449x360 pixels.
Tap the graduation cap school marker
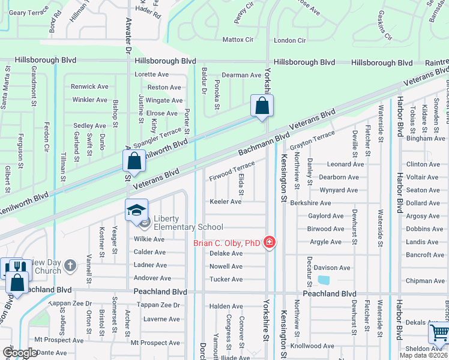pos(136,210)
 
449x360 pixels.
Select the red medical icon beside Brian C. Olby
pos(270,243)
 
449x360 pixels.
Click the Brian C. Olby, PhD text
pos(228,243)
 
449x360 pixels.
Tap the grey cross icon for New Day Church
pos(70,265)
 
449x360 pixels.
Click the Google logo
pos(19,353)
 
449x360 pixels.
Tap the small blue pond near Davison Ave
pos(324,280)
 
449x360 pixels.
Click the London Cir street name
pos(290,40)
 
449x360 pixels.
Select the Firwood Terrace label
pos(232,171)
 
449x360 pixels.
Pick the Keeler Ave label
pos(225,202)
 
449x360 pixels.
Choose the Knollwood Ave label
pos(312,346)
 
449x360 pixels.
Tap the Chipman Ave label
pos(425,281)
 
